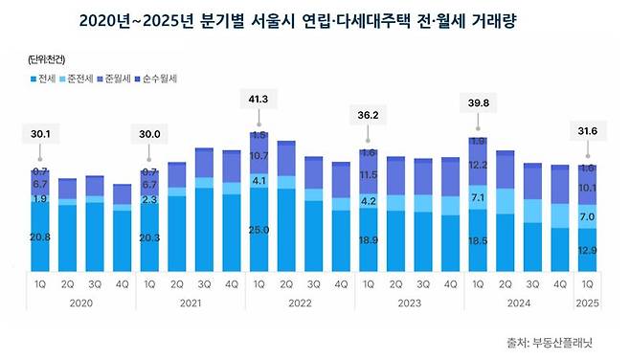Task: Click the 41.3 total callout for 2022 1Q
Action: click(x=259, y=99)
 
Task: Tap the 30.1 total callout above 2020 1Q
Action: click(x=40, y=135)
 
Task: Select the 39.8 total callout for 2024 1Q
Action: click(x=477, y=103)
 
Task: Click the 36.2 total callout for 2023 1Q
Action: click(x=368, y=117)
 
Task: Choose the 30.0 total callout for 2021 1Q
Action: click(x=149, y=135)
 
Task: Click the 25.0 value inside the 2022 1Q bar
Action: click(x=259, y=230)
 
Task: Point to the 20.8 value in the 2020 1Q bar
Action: click(x=40, y=236)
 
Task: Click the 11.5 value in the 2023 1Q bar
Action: click(x=368, y=176)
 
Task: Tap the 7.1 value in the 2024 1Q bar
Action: click(x=477, y=198)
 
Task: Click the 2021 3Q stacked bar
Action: click(x=204, y=211)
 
